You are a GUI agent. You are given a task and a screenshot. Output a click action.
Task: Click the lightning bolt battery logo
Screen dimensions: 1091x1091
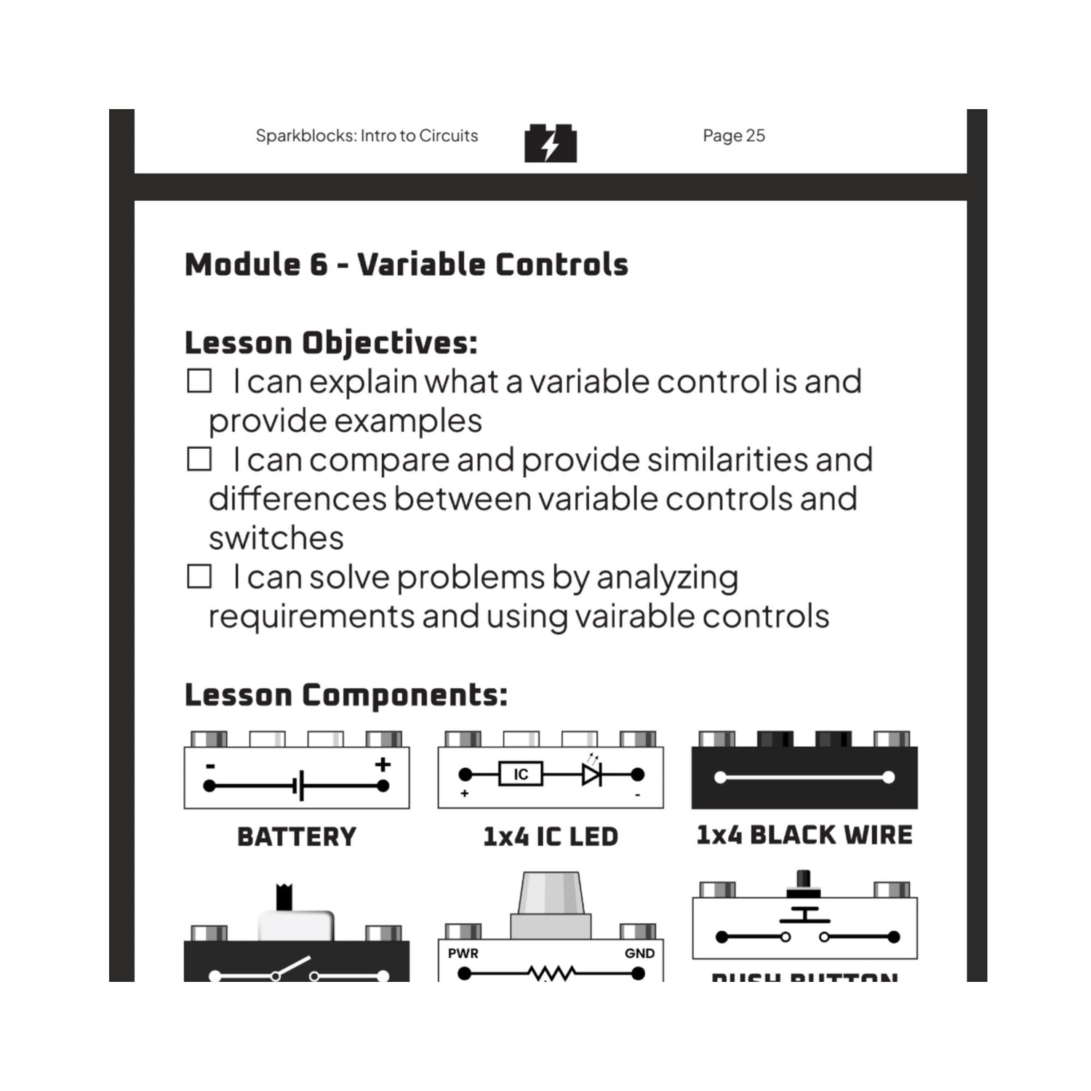point(551,143)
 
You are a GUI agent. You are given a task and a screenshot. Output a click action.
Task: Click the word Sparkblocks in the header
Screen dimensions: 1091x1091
point(305,136)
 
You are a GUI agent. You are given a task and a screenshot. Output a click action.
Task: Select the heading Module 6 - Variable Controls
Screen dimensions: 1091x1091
point(406,265)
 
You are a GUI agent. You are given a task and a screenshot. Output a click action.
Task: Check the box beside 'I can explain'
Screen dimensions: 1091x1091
point(199,381)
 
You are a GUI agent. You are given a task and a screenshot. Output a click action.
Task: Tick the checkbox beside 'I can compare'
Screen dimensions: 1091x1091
point(199,460)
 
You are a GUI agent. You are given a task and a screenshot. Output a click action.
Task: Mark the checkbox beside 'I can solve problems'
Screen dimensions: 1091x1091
point(199,577)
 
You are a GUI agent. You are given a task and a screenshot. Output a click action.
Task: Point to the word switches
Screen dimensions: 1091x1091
point(276,538)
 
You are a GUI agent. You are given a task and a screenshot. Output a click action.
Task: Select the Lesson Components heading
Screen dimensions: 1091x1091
point(345,695)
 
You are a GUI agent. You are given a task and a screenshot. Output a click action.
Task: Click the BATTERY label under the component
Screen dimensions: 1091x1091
point(297,836)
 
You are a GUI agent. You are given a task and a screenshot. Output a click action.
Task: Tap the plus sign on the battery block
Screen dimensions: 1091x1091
point(383,764)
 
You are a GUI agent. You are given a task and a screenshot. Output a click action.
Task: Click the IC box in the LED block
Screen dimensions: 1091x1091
point(521,774)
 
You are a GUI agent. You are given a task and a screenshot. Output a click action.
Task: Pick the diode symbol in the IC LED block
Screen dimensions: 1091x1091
point(591,774)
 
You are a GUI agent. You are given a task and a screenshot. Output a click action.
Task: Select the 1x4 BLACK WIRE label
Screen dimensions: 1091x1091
point(804,835)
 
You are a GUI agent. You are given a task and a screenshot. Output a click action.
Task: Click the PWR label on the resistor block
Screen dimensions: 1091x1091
point(463,954)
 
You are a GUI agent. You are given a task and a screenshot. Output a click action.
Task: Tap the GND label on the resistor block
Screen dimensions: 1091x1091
point(639,954)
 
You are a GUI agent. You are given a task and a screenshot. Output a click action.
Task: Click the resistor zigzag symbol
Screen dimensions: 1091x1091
point(551,973)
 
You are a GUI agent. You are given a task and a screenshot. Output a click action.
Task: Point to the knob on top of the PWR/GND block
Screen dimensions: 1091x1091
point(551,895)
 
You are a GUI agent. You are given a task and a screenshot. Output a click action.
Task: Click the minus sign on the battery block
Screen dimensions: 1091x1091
point(210,766)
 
